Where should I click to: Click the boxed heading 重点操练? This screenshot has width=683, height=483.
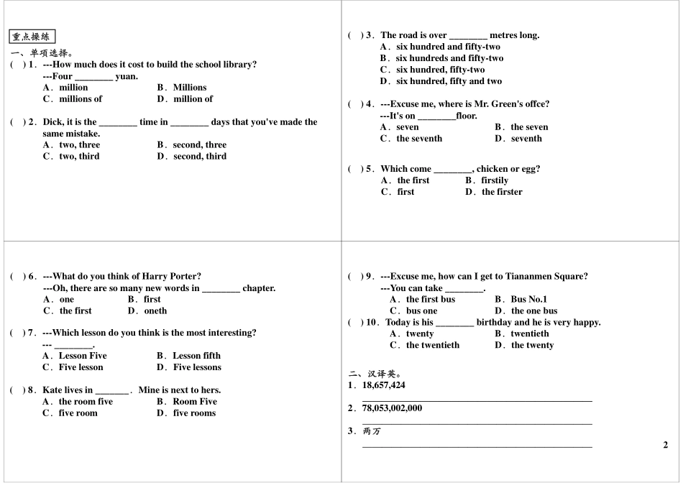32,37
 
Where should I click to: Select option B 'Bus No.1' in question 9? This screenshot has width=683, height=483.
528,300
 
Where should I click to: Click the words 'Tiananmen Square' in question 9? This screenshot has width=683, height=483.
551,276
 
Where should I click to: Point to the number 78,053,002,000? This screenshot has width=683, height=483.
392,408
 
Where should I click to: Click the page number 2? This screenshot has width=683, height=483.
666,445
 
